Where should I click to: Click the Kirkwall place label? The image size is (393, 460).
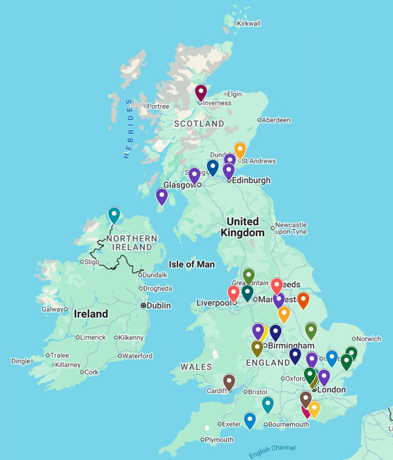click(x=248, y=24)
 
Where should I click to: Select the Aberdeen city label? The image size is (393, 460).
click(x=276, y=120)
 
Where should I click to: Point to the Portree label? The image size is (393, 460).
click(x=158, y=106)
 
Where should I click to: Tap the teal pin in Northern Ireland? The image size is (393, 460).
click(x=114, y=214)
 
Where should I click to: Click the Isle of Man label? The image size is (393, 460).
click(x=192, y=264)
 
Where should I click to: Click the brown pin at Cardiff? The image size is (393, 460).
click(x=229, y=381)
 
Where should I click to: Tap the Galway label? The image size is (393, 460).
click(x=53, y=309)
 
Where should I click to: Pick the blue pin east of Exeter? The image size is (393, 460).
click(x=249, y=420)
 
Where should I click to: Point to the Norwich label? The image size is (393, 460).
click(x=369, y=339)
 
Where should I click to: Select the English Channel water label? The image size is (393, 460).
click(x=272, y=451)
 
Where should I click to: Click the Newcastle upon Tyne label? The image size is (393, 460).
click(x=291, y=228)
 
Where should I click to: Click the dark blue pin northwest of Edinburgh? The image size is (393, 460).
click(x=212, y=167)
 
